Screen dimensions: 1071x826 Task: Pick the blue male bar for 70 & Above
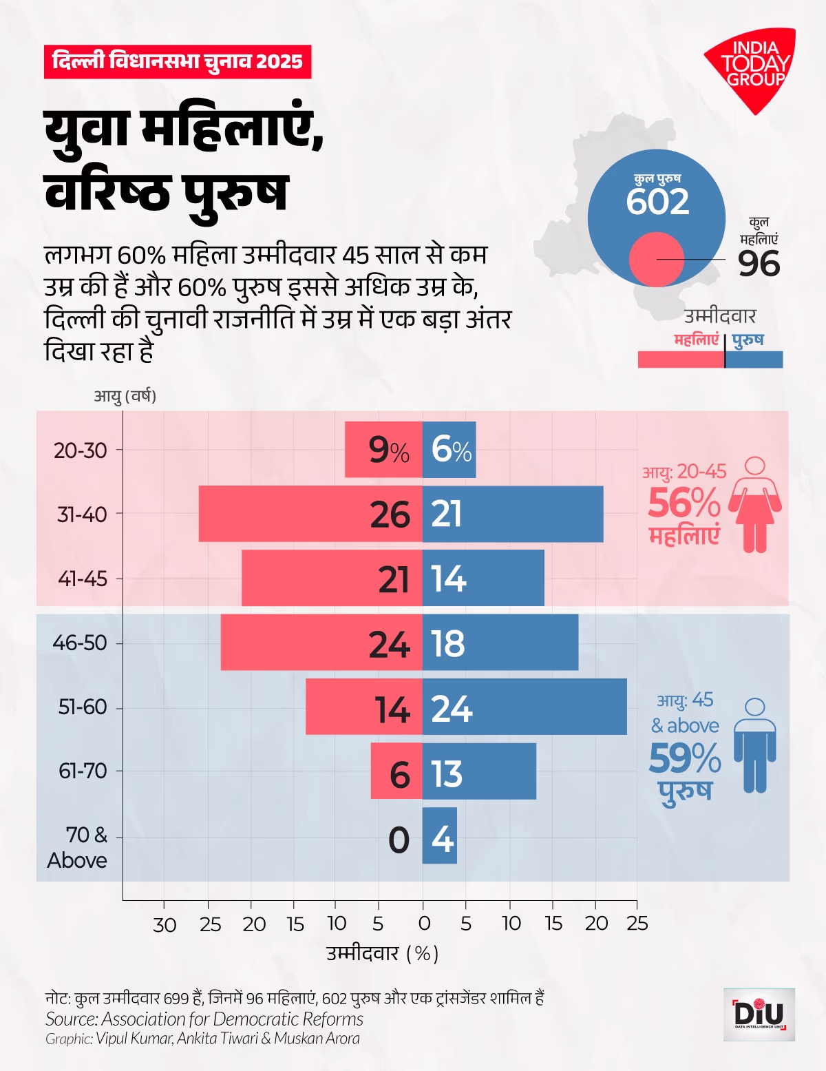point(439,835)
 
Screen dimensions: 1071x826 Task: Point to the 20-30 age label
point(81,450)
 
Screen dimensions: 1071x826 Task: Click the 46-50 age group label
point(80,643)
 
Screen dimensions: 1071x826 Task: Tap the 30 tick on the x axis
point(165,924)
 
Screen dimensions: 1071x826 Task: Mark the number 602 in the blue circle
point(657,201)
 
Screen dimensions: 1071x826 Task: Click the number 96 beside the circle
point(759,264)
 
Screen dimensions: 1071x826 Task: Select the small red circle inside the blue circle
point(656,260)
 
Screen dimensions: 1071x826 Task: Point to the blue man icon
point(755,745)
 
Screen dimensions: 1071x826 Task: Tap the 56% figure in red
point(684,503)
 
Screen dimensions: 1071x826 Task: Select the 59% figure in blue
point(684,758)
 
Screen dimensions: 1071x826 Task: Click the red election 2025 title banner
point(178,61)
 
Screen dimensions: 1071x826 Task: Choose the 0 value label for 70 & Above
point(399,840)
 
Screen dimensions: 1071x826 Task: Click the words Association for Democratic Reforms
point(233,1019)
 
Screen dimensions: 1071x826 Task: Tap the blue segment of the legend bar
point(754,360)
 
